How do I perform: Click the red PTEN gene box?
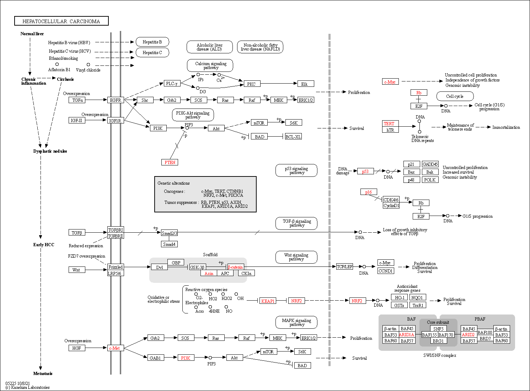coord(170,162)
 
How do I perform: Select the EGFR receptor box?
coord(116,100)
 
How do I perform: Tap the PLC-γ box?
coord(172,83)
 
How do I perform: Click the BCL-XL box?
coord(293,136)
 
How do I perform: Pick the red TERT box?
coord(390,123)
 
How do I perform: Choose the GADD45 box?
coord(430,164)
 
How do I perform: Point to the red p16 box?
coord(369,192)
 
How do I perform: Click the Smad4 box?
coord(169,244)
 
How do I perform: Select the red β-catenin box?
coord(235,267)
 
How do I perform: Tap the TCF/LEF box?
coord(344,267)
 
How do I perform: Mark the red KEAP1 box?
coord(268,301)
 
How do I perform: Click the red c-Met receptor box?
coord(116,348)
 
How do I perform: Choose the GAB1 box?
coord(156,358)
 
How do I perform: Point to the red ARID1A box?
coord(407,335)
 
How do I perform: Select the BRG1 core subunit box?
coord(438,341)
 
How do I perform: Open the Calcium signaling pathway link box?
coord(210,65)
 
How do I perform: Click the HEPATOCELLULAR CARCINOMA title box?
coord(61,21)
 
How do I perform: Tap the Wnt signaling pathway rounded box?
coord(296,257)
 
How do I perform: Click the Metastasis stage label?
coord(43,374)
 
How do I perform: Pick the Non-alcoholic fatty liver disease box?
coord(260,47)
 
